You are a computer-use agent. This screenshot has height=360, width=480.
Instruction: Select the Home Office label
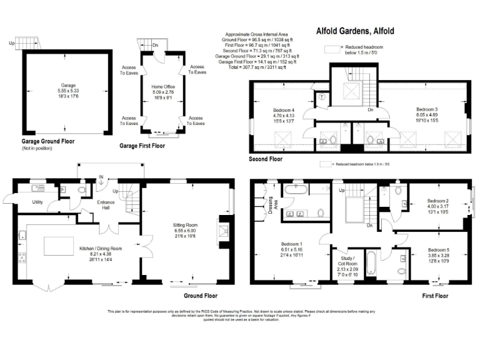click(x=162, y=87)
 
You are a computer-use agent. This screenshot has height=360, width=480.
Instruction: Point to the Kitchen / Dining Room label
click(x=101, y=248)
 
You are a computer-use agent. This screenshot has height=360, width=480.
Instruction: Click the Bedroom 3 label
click(x=427, y=110)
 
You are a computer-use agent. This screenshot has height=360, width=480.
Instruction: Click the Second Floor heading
click(x=267, y=159)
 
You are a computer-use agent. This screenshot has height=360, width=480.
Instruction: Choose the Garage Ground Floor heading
click(x=48, y=141)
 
